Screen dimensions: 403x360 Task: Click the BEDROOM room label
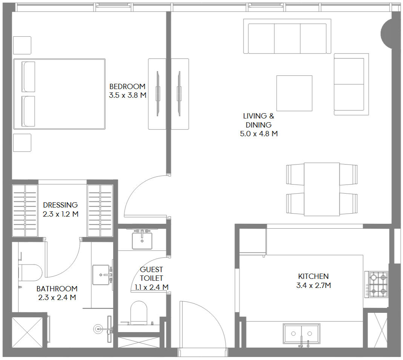click(127, 86)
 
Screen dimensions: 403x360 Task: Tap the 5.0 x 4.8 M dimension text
click(259, 134)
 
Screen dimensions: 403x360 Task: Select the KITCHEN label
click(313, 276)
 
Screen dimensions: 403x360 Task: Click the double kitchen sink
click(302, 334)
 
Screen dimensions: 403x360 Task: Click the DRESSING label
click(60, 205)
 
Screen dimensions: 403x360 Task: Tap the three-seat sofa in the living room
click(287, 36)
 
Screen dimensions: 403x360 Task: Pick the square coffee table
click(294, 93)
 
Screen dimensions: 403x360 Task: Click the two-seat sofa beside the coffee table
click(351, 84)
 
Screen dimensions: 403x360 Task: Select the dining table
click(322, 189)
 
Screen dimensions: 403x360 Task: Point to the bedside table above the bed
click(22, 45)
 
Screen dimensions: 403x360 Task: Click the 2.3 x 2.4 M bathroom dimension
click(57, 297)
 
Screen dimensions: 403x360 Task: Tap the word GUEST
click(152, 270)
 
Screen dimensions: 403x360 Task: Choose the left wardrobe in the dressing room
click(25, 211)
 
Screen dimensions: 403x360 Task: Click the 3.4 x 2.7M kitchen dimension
click(314, 285)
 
